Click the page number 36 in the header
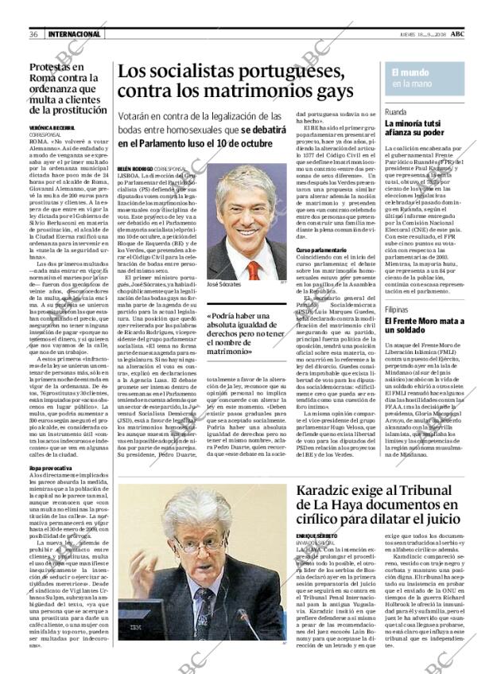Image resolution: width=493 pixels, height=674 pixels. (34, 33)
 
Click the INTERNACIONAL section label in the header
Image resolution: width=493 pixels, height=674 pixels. (74, 33)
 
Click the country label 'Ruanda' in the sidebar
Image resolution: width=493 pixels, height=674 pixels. (397, 112)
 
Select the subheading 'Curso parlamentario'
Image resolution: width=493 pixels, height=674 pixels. (322, 250)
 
